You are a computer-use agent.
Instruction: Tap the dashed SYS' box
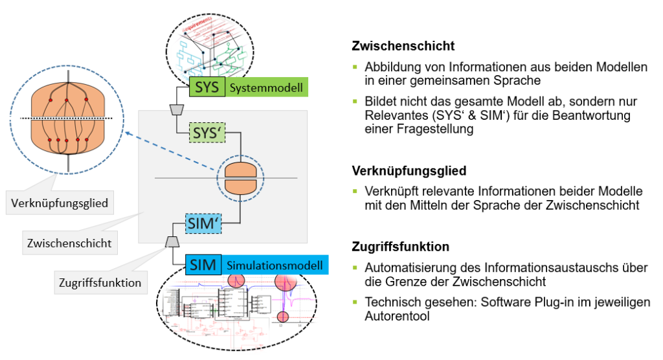pyautogui.click(x=208, y=133)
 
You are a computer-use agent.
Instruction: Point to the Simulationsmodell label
pyautogui.click(x=275, y=265)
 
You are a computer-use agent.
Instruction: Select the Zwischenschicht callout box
pyautogui.click(x=69, y=243)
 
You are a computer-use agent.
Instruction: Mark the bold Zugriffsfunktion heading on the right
pyautogui.click(x=401, y=247)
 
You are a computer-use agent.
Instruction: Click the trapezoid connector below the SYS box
pyautogui.click(x=175, y=109)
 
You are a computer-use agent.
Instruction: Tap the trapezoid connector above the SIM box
pyautogui.click(x=172, y=242)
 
